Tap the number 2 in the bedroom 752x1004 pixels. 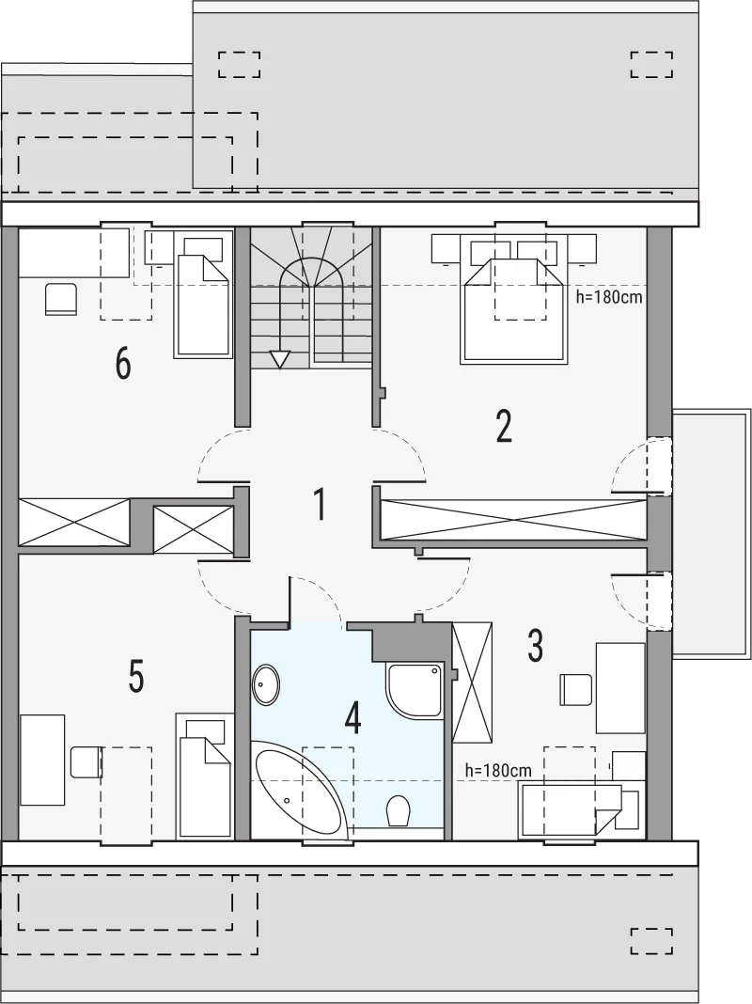coord(504,426)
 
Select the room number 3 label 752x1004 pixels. coord(535,646)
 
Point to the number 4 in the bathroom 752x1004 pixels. coord(352,718)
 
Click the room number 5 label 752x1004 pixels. coord(135,677)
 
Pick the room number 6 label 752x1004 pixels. coord(123,364)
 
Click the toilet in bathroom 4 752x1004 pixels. coord(398,810)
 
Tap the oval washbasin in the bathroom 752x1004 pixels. coord(266,684)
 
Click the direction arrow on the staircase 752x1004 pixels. coord(279,359)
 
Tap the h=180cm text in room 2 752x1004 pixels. coord(608,298)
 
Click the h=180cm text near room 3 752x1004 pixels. coord(499,771)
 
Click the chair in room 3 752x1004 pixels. coord(574,689)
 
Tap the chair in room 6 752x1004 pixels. coord(61,299)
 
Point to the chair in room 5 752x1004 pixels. coord(86,761)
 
